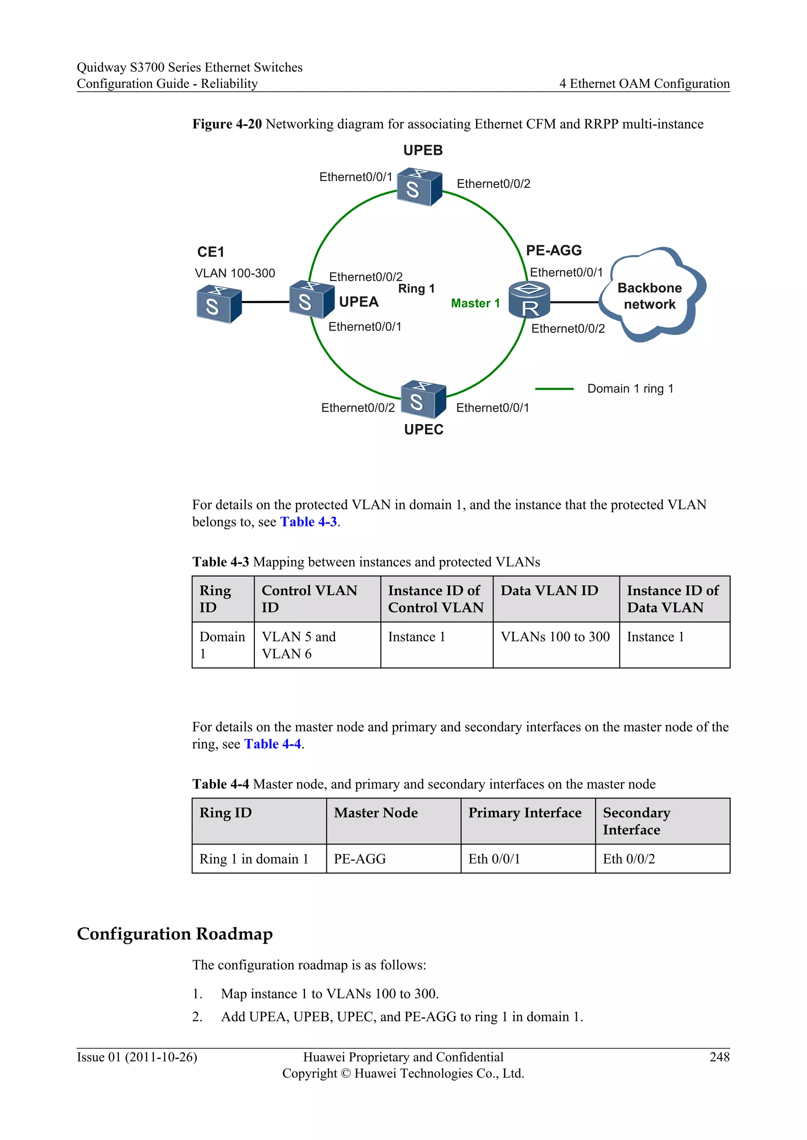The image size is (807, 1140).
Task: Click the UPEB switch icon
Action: click(419, 187)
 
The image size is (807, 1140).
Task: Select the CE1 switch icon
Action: click(219, 304)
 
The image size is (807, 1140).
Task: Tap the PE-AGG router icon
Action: click(529, 300)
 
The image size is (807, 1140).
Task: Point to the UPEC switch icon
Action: click(423, 399)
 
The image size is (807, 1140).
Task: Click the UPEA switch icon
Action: click(312, 300)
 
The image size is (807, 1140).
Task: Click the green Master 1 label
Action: click(475, 304)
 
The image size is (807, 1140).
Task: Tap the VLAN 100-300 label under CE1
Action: click(234, 274)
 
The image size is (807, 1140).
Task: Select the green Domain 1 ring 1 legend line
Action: click(554, 389)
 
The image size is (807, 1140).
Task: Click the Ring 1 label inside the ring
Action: click(417, 289)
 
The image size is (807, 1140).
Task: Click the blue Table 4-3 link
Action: click(308, 522)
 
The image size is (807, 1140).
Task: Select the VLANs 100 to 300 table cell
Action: click(555, 637)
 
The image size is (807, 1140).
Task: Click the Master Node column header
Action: click(376, 813)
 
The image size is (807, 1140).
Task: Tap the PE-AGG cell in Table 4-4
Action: click(360, 859)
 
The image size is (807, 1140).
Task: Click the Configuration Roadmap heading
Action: click(175, 934)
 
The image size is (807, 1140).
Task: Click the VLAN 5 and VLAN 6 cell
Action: click(299, 645)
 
